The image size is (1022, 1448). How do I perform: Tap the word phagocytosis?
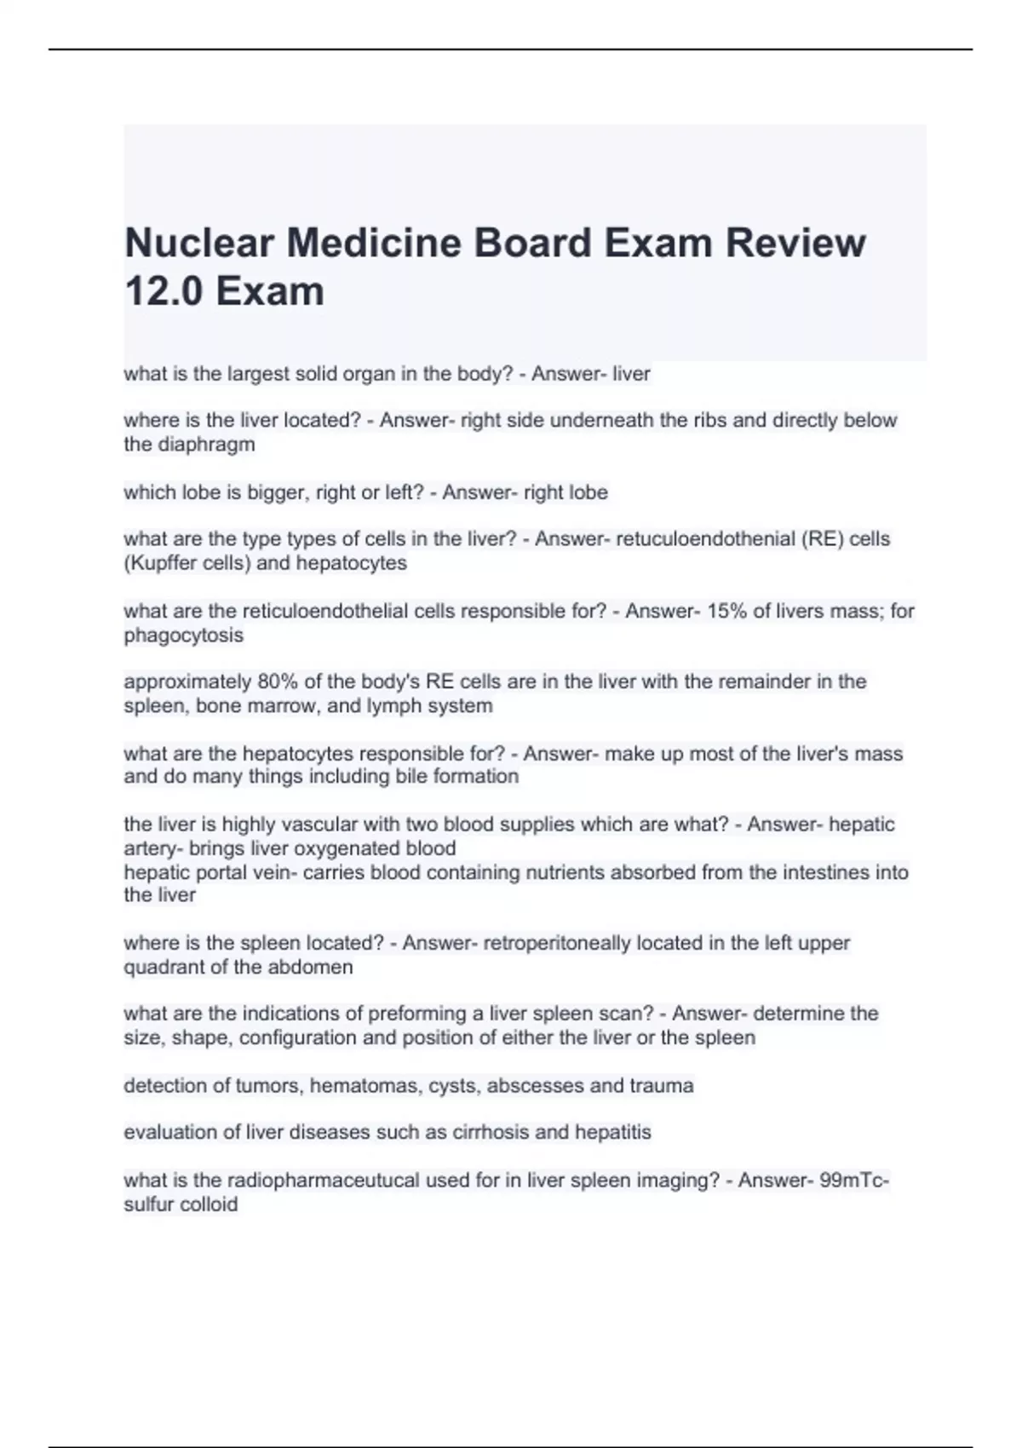click(183, 635)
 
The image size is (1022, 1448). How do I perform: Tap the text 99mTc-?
click(854, 1181)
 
